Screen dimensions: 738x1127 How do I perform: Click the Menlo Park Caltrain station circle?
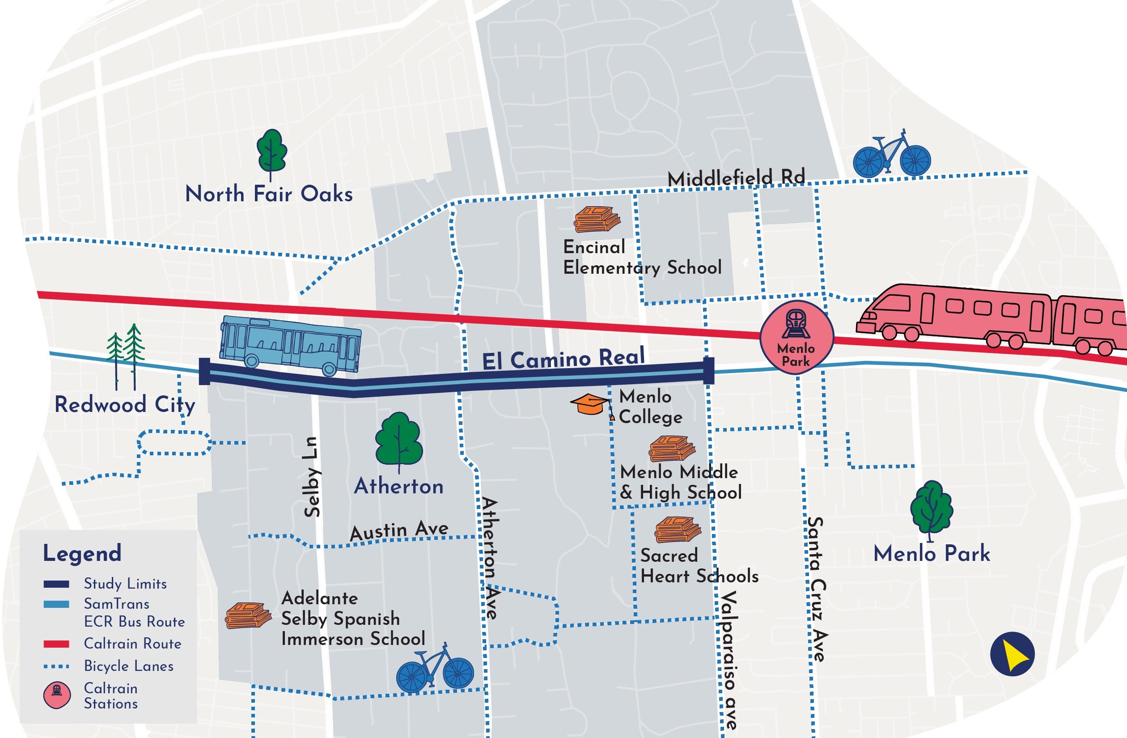[796, 338]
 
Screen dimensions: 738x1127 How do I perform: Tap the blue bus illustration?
[290, 345]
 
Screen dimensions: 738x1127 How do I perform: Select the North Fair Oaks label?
[268, 194]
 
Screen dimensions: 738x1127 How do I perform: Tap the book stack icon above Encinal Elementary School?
[597, 219]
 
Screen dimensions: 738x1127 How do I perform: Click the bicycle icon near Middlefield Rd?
[892, 154]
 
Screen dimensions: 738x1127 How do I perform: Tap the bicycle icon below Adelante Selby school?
[434, 667]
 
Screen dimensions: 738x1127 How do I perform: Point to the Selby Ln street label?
[312, 476]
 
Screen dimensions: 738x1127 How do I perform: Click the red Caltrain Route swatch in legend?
[56, 644]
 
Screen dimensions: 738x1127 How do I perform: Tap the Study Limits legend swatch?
[56, 584]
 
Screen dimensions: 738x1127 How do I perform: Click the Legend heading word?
[82, 553]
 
